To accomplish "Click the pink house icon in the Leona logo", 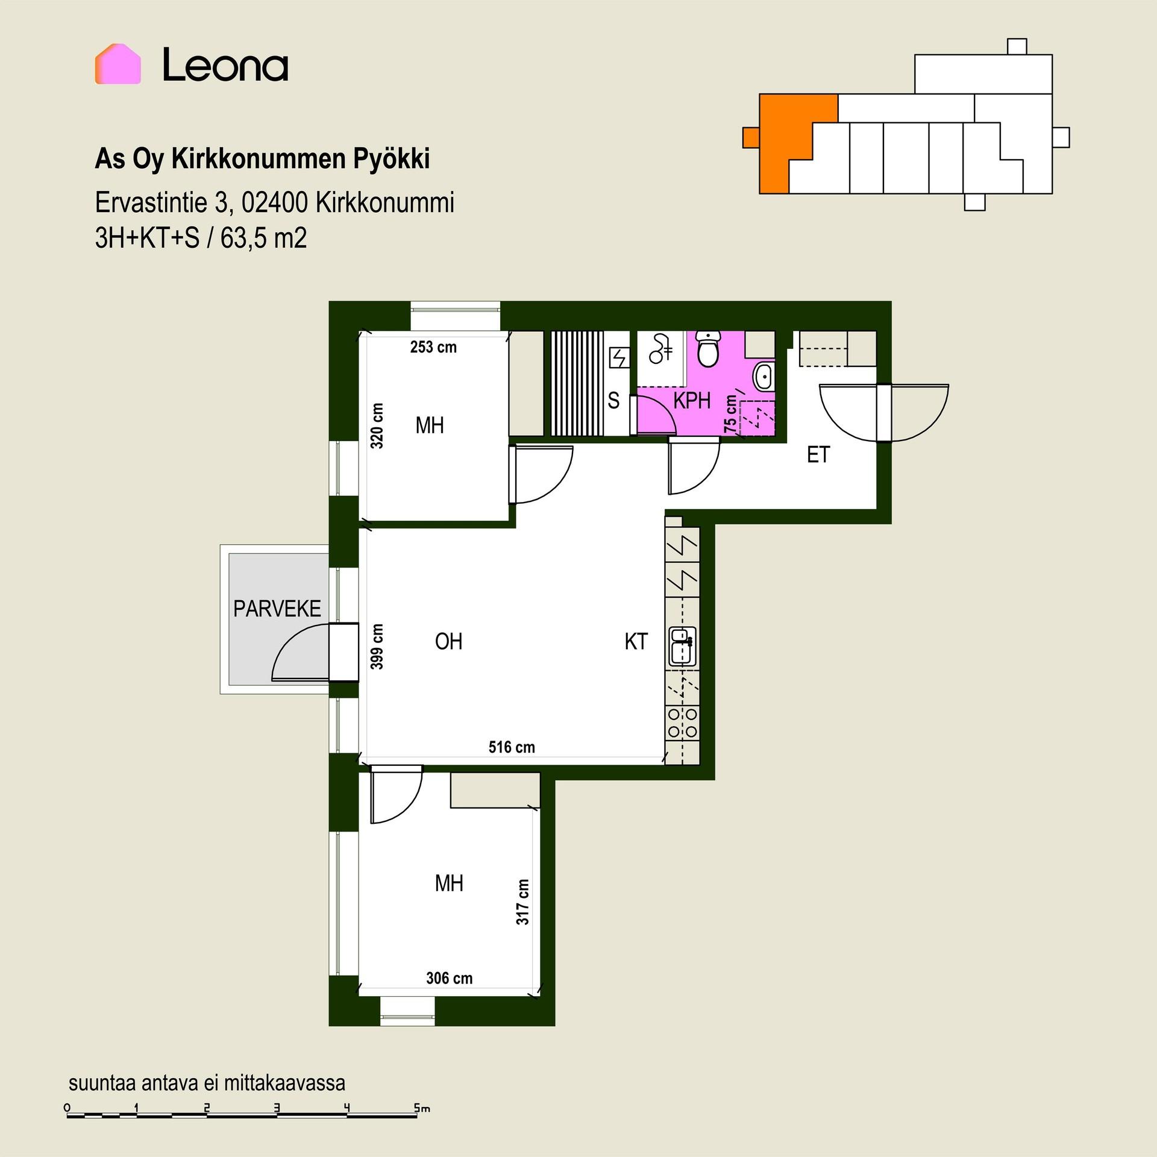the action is click(x=118, y=64).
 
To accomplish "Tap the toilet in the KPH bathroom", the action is click(x=707, y=349).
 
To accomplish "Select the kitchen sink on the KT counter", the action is click(x=683, y=647).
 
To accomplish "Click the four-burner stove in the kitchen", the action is click(x=683, y=723).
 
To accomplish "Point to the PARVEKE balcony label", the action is click(x=277, y=609).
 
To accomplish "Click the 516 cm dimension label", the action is click(x=512, y=747).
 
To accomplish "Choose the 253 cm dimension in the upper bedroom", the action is click(x=433, y=347).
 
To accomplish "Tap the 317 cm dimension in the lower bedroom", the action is click(x=522, y=902).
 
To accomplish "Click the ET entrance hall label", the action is click(x=818, y=455).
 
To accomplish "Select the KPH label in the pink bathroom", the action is click(x=692, y=401).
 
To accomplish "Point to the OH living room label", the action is click(x=449, y=642).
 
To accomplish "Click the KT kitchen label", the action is click(x=636, y=642).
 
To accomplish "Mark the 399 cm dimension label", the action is click(x=377, y=647).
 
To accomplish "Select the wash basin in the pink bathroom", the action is click(x=763, y=377).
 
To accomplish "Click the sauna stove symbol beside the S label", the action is click(x=619, y=357).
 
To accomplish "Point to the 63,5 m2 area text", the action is click(x=263, y=238).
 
